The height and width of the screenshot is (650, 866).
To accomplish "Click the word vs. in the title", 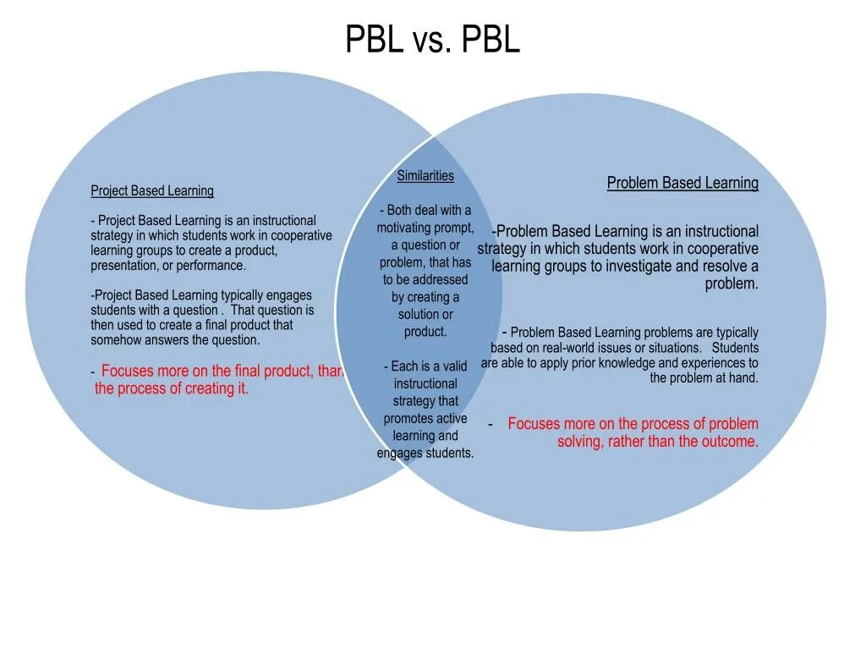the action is click(x=431, y=40).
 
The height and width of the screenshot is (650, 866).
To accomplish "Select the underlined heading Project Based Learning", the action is click(x=152, y=191).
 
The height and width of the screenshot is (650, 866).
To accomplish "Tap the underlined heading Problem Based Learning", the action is click(x=682, y=183).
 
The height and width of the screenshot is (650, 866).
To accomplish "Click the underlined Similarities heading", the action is click(x=425, y=176).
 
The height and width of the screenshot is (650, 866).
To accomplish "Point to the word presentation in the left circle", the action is click(x=126, y=266).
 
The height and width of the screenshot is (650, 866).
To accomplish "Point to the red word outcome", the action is click(x=729, y=442).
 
